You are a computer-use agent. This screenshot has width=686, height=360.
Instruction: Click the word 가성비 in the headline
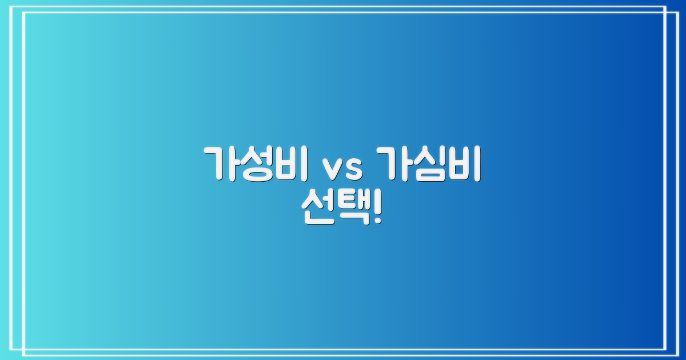tap(256, 164)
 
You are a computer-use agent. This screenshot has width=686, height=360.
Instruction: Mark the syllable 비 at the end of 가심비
tap(463, 164)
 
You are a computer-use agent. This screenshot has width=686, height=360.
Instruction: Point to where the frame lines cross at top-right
tap(666, 12)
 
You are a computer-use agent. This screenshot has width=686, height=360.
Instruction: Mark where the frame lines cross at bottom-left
tap(23, 349)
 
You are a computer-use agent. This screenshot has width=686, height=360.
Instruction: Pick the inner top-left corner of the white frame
tap(23, 12)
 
